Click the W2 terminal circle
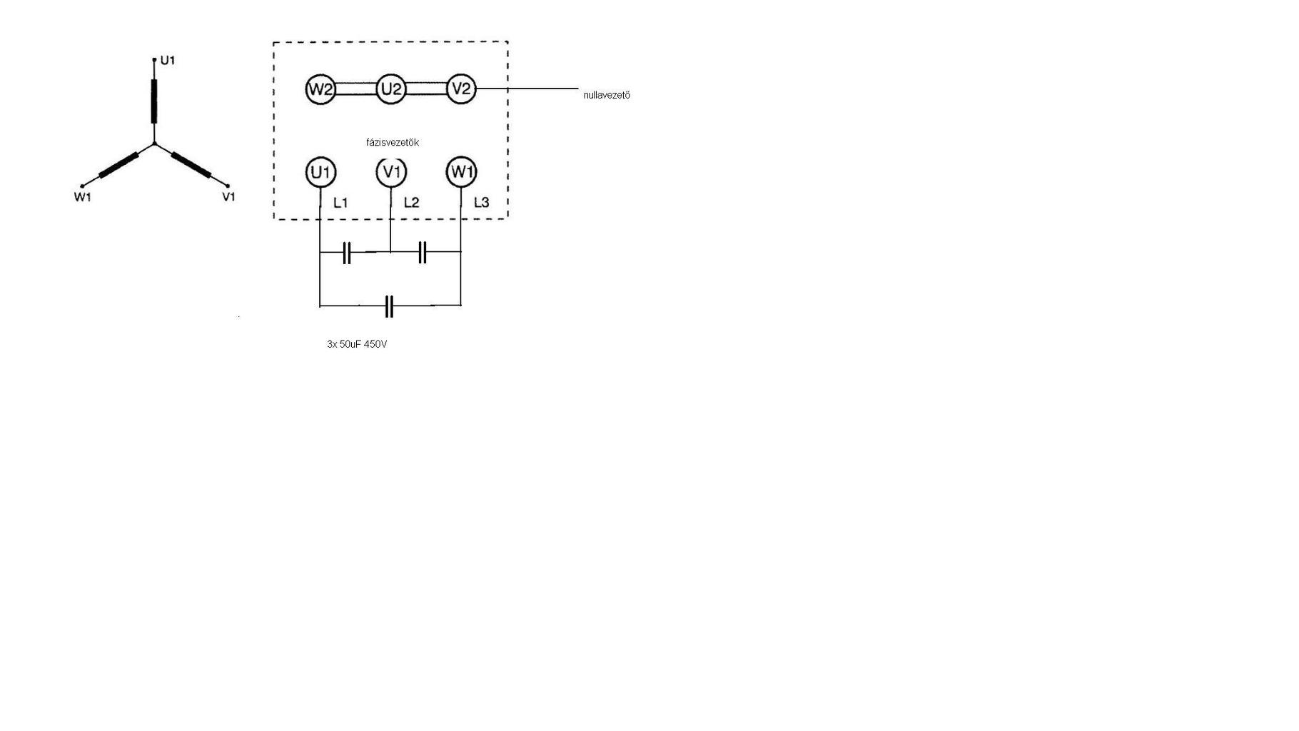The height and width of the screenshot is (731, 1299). point(320,89)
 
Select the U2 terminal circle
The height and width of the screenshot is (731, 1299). point(390,89)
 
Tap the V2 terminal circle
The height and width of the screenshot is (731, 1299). point(461,89)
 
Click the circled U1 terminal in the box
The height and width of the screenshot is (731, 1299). point(320,172)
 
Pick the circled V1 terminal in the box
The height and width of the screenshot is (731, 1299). point(390,172)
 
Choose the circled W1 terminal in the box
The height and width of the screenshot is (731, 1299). point(461,172)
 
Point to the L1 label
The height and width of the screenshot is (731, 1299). point(340,203)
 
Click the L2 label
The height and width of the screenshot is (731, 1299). point(411,203)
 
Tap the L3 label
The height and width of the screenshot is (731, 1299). point(482,203)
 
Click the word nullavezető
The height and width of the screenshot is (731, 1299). point(607,95)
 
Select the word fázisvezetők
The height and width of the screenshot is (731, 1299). point(393,143)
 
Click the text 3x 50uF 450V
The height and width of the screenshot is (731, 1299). point(357,344)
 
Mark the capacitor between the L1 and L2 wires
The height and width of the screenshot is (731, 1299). point(347,253)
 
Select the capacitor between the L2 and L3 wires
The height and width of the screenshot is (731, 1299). point(422,253)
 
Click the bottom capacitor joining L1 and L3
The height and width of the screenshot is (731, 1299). point(389,306)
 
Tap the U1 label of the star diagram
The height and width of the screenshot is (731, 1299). point(167,61)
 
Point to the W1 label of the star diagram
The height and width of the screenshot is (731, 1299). point(83,197)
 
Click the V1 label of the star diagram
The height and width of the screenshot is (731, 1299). point(228,197)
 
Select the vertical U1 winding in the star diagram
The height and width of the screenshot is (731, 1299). point(154,101)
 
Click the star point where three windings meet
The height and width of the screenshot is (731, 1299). point(155,144)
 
